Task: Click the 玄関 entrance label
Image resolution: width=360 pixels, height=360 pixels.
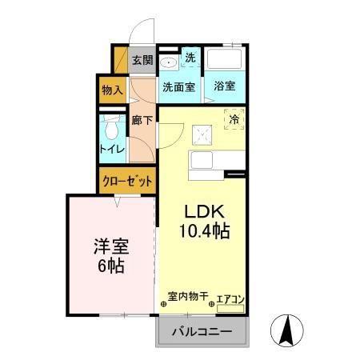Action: click(x=142, y=60)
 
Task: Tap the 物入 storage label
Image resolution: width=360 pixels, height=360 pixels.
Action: click(x=112, y=90)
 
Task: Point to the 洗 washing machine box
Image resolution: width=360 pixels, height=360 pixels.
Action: click(x=190, y=58)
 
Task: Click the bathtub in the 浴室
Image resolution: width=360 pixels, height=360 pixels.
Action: click(x=225, y=58)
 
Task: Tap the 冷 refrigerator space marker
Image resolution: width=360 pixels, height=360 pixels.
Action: click(x=234, y=119)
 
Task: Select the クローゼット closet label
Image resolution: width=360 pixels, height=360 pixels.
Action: click(x=127, y=182)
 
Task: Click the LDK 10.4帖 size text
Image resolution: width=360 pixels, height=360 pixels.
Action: click(x=205, y=222)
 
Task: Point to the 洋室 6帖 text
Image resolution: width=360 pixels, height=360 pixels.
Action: click(x=111, y=256)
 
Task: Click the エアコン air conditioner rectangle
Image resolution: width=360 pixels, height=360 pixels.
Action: click(x=230, y=309)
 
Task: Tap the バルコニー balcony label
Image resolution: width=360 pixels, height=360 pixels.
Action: click(x=202, y=332)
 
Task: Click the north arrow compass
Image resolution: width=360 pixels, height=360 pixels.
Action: click(x=287, y=330)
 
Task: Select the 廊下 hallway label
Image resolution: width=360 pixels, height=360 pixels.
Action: click(x=142, y=121)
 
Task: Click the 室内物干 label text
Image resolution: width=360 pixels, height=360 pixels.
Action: click(x=188, y=296)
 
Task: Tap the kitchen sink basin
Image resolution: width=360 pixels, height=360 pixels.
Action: click(x=202, y=160)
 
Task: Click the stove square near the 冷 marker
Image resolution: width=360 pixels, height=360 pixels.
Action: click(x=202, y=135)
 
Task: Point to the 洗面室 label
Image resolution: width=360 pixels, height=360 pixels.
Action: click(x=179, y=87)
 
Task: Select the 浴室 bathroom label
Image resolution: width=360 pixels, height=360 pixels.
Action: click(x=225, y=86)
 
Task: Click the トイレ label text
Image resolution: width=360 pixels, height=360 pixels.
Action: click(x=112, y=149)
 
